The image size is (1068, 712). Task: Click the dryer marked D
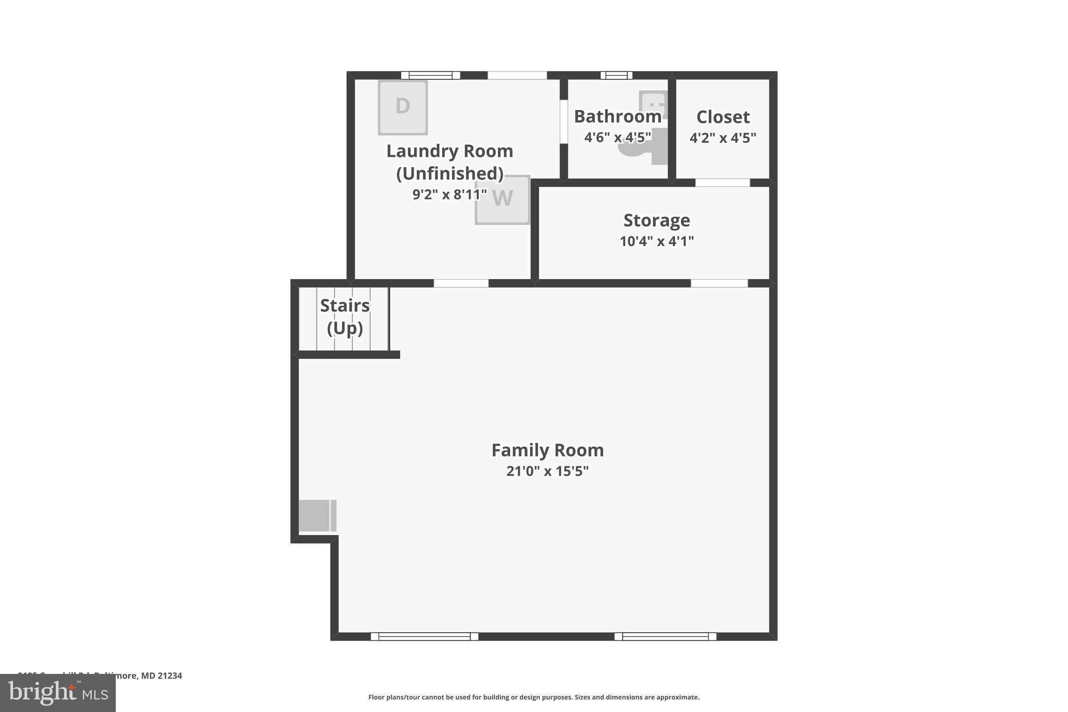pos(403,107)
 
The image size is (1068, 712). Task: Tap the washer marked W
pos(502,200)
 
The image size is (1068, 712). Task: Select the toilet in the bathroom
pos(639,148)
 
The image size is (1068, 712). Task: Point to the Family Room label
pos(547,450)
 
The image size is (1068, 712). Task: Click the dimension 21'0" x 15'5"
pos(547,471)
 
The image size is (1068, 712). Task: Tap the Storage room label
pos(656,220)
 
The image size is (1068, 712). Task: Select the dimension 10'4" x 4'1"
pos(656,242)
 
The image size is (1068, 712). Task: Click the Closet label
pos(722,117)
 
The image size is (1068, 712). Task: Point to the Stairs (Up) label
pos(344,317)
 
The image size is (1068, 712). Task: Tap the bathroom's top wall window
pos(616,75)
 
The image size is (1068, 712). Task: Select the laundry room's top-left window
pos(430,75)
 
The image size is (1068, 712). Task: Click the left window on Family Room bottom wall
pos(424,636)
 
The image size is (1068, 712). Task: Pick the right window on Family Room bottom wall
pos(665,636)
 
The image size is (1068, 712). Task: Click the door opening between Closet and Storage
pos(722,183)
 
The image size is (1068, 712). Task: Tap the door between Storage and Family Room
pos(719,283)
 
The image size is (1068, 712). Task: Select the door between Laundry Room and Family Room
pos(461,283)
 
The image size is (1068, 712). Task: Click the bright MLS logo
pos(58,693)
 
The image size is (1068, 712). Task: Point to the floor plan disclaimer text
pos(533,697)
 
